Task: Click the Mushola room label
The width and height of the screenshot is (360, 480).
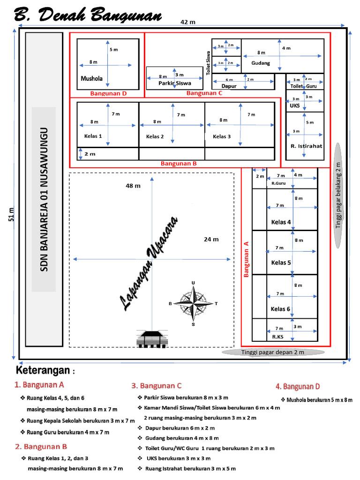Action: (91, 78)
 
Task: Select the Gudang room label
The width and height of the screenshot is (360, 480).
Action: (261, 63)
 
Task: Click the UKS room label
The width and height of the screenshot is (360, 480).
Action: (295, 106)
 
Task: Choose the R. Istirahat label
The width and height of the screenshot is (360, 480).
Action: (307, 146)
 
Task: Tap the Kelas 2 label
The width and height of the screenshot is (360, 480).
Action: (155, 137)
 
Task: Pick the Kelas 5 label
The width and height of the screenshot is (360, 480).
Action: (281, 262)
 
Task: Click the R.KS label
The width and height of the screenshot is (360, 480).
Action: (277, 337)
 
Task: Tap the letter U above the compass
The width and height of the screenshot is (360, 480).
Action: (193, 283)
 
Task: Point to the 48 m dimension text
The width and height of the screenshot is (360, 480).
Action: (133, 186)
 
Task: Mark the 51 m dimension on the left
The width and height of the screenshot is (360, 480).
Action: (11, 213)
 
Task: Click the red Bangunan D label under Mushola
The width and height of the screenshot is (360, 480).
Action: (108, 93)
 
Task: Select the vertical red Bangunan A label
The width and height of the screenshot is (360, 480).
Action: (246, 259)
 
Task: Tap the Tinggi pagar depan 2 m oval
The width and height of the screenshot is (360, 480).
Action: (272, 352)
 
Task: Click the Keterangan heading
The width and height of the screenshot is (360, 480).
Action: (45, 371)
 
